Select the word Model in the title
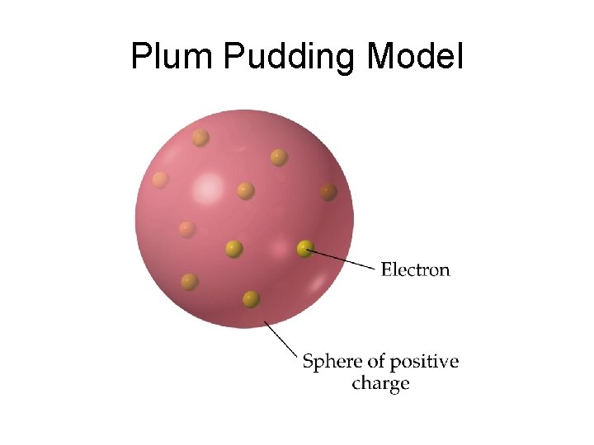415,57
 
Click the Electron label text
415,269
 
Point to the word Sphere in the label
331,362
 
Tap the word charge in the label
380,384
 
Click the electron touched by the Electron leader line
305,247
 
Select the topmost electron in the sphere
200,138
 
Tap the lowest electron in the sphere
252,298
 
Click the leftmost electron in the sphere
160,179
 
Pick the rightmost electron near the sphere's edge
328,191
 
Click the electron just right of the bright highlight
245,190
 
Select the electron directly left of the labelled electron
233,247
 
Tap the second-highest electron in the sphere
279,156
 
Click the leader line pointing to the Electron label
342,259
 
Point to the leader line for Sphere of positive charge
280,339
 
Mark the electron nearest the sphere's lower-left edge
190,282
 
